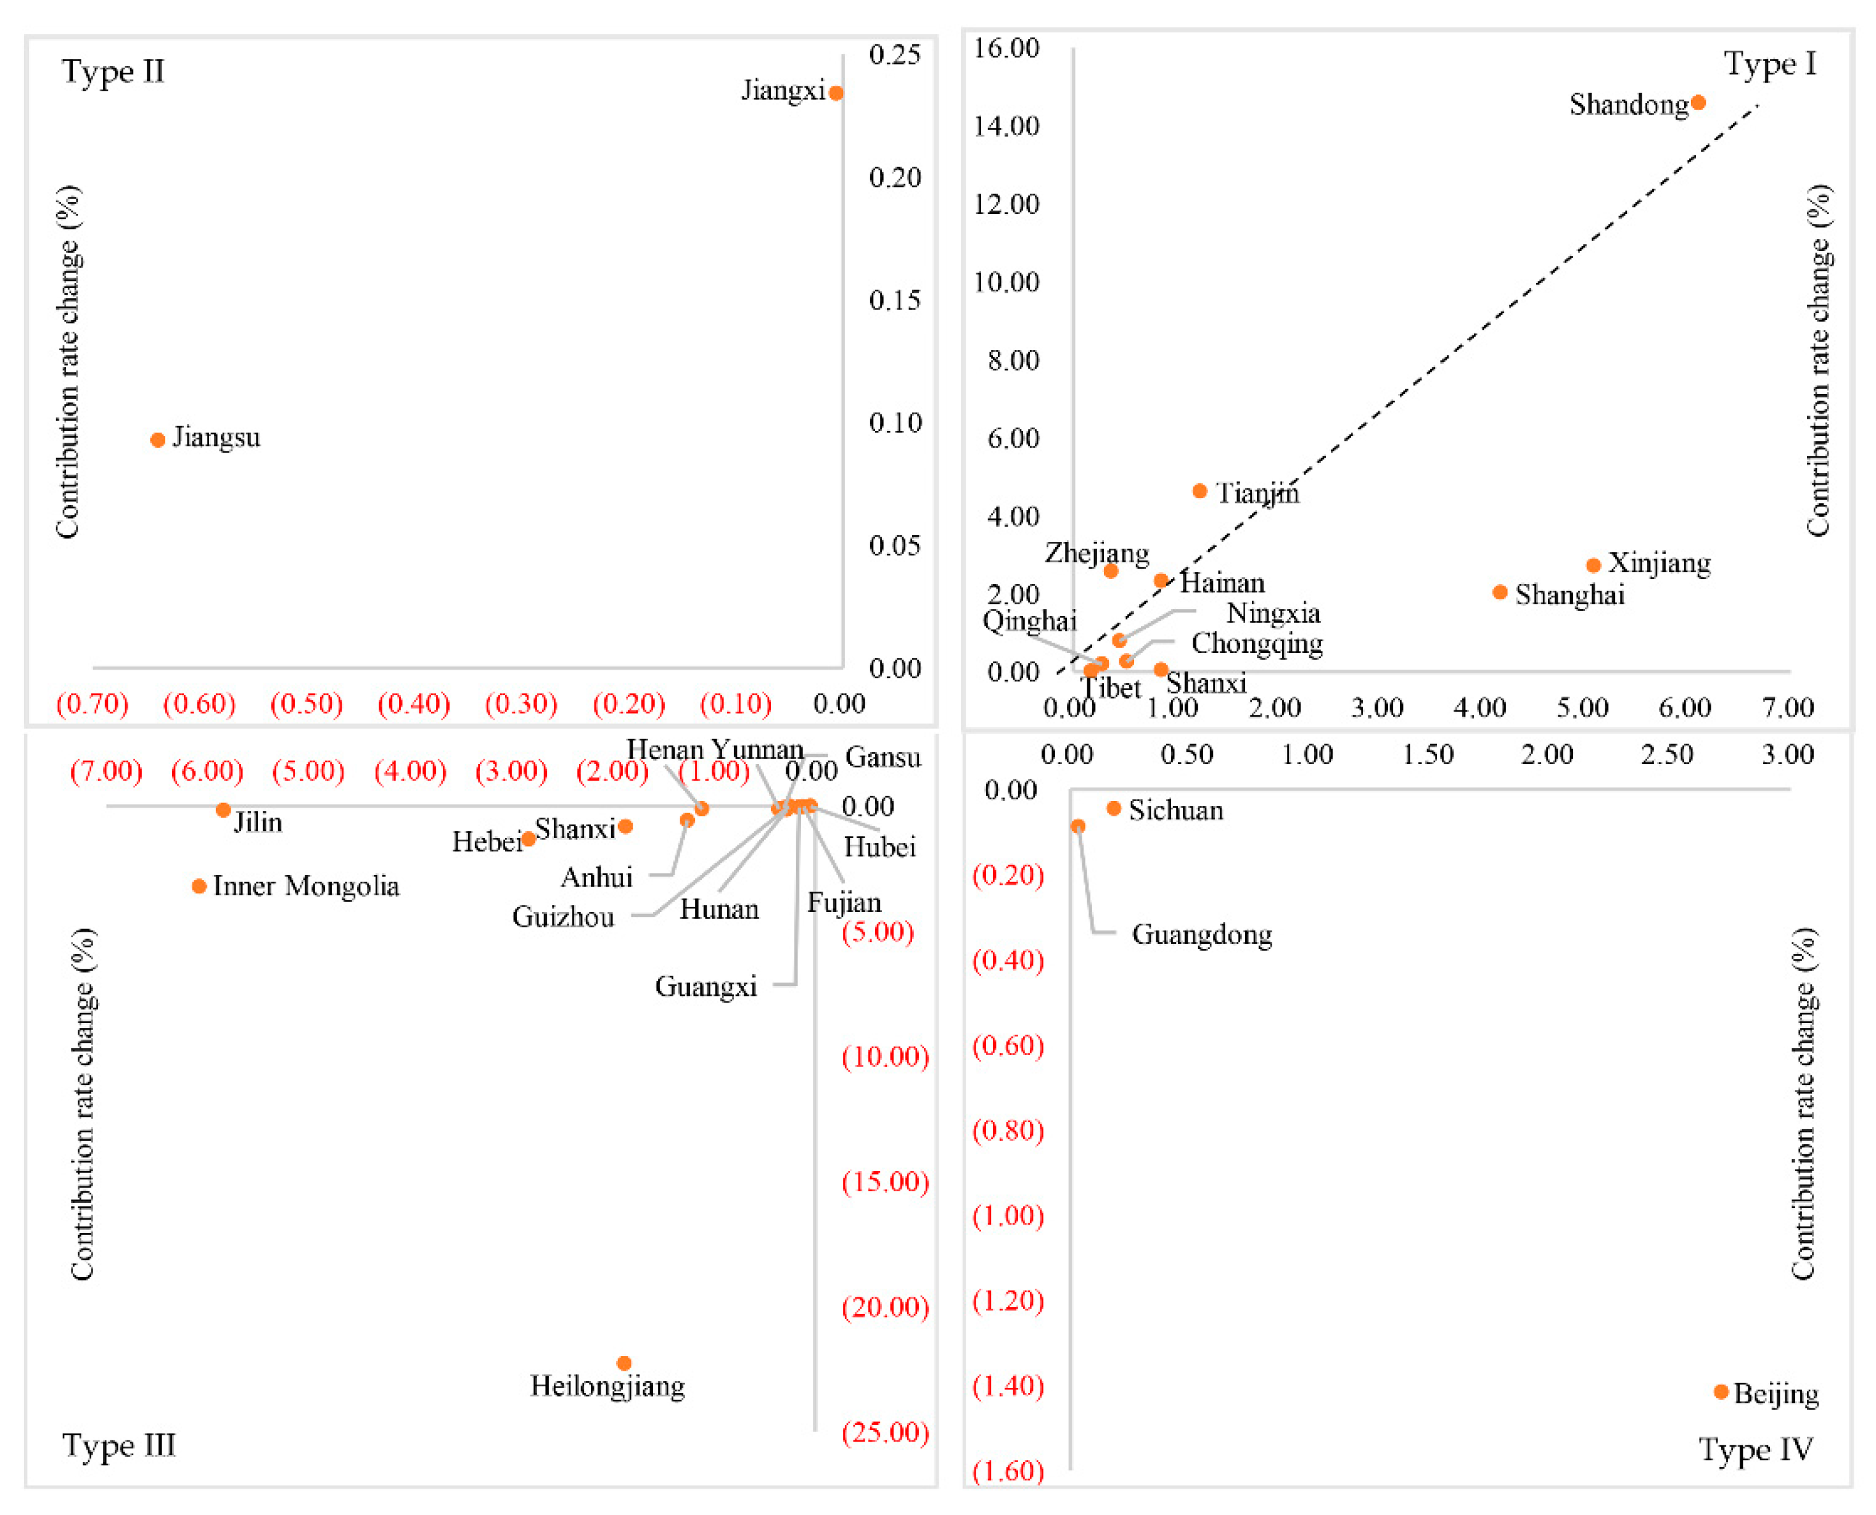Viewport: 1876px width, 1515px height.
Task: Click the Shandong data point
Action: point(1698,103)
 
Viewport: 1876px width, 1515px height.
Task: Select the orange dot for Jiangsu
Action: point(158,440)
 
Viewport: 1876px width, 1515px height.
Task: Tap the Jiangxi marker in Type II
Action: point(836,93)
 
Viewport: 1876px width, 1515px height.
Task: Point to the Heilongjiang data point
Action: point(624,1364)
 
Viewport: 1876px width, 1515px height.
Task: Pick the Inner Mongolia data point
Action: point(199,887)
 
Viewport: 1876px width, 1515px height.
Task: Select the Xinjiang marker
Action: point(1593,565)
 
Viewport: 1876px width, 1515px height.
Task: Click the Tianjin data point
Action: point(1199,491)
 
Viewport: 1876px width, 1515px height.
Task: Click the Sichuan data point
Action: point(1114,809)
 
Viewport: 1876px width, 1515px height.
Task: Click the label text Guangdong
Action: point(1201,935)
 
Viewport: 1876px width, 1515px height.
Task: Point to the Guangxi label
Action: point(706,987)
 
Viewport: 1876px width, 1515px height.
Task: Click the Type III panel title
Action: point(119,1446)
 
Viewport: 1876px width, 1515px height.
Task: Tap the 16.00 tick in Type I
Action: point(1006,48)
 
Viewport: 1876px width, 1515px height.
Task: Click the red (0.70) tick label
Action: point(93,704)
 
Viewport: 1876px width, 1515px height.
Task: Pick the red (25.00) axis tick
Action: point(885,1432)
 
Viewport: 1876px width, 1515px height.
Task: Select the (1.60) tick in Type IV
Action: point(1008,1471)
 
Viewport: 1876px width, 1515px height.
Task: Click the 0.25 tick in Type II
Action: point(895,55)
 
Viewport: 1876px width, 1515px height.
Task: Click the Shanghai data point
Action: point(1500,593)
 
